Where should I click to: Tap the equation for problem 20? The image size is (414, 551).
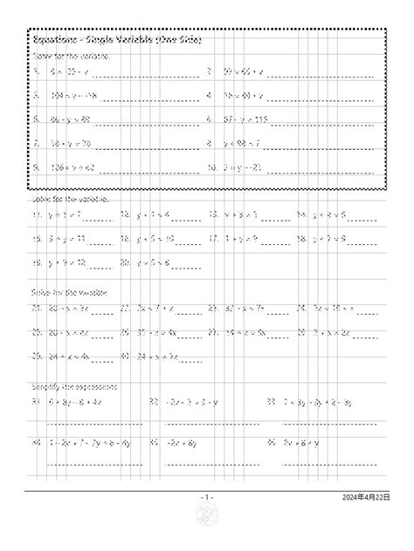[x=154, y=261]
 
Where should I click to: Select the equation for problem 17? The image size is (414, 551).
[x=238, y=236]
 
